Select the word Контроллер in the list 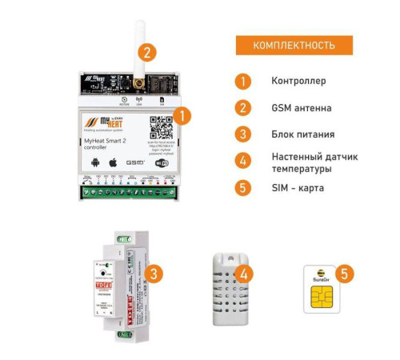[x=298, y=82]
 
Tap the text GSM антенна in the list [x=301, y=107]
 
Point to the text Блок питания [x=302, y=134]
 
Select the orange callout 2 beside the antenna [x=146, y=53]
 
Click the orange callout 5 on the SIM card [x=344, y=274]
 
